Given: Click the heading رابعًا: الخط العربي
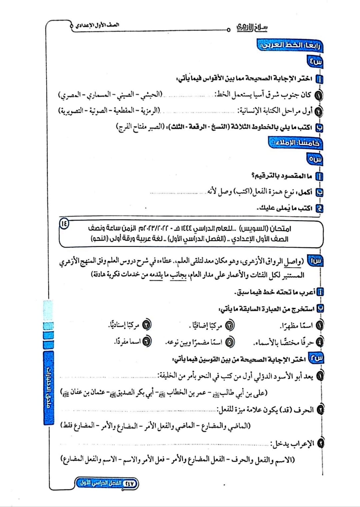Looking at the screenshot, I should click(290, 45).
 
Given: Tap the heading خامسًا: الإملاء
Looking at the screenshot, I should click(295, 143).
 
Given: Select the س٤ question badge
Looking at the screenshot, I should click(315, 62).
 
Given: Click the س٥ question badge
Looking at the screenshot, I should click(315, 159).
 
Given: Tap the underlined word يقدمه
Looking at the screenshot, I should click(156, 275).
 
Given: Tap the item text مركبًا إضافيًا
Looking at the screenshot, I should click(206, 325).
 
